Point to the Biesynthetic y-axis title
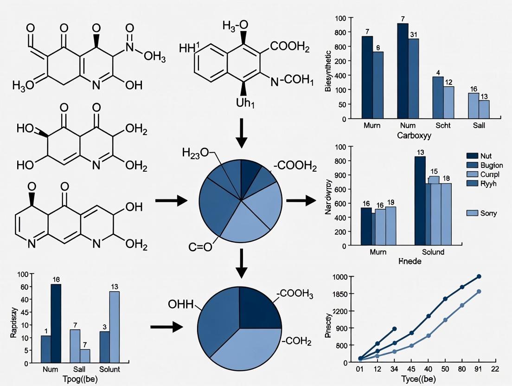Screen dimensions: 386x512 328,69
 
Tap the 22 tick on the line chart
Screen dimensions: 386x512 494,369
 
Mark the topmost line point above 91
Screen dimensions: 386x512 479,277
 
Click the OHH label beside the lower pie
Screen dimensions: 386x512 182,305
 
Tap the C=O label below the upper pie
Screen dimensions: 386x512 200,247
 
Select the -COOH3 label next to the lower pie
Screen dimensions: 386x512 295,294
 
